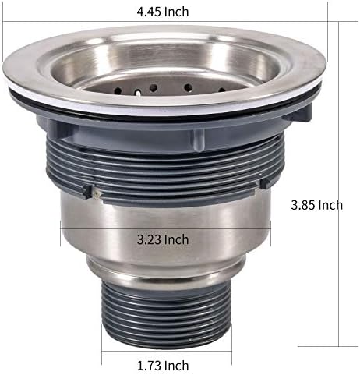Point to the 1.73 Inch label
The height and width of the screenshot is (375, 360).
(x=164, y=364)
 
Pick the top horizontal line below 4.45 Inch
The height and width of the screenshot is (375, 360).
(x=164, y=22)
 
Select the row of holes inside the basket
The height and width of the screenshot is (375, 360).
(x=164, y=89)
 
